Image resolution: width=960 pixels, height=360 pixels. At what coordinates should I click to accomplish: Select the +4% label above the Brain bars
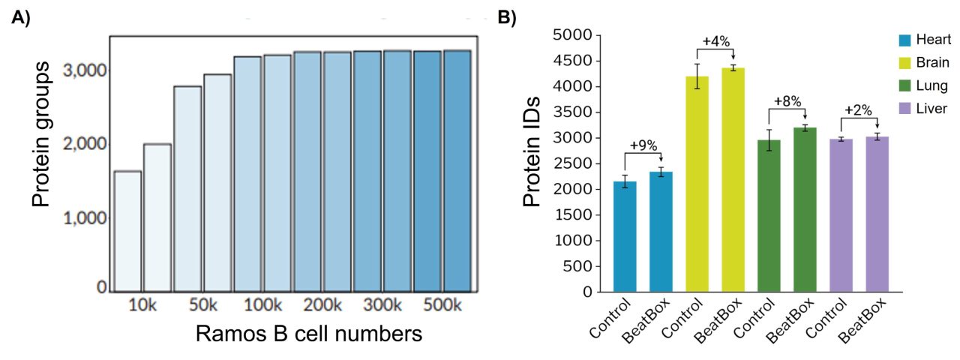pos(715,41)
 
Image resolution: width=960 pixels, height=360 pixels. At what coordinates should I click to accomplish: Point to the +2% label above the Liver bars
pos(858,110)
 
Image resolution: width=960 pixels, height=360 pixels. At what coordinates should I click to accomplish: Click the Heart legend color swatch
pos(905,40)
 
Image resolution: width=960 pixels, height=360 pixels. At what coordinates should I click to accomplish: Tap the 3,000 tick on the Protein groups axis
pos(85,70)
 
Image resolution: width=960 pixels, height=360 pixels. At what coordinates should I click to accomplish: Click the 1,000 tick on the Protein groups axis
pos(85,218)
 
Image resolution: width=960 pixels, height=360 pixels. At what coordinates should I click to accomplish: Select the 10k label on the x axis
pos(142,307)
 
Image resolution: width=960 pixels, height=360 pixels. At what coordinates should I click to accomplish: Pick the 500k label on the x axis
pos(442,307)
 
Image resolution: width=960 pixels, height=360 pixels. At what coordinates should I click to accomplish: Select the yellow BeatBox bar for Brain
pos(733,179)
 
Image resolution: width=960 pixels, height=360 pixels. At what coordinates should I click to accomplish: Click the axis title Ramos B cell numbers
pos(308,334)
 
